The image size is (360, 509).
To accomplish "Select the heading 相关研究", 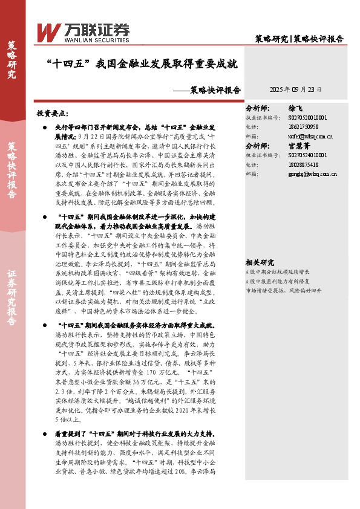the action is pos(260,262).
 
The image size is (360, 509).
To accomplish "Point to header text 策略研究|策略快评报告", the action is pos(299,39).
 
